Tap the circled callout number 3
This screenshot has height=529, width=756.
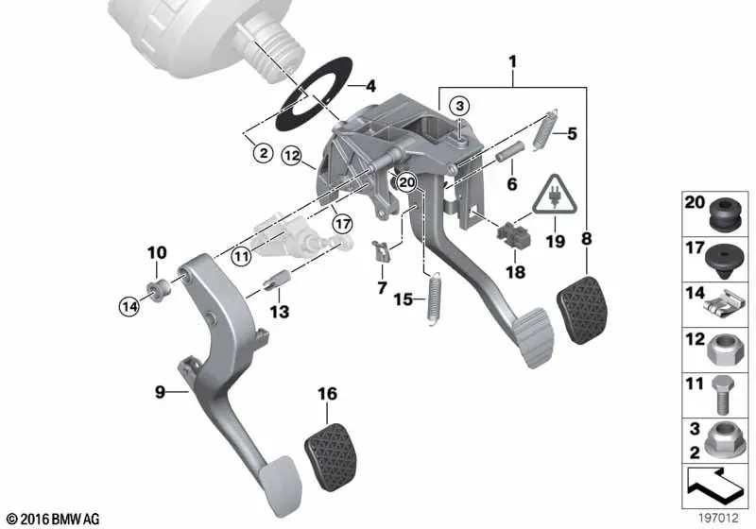point(459,106)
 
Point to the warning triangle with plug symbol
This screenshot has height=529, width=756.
point(555,195)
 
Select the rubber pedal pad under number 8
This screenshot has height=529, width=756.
point(582,310)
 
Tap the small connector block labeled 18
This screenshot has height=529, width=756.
point(513,234)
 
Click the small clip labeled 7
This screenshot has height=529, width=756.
point(381,250)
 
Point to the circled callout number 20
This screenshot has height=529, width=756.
point(407,182)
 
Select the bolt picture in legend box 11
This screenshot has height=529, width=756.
point(722,394)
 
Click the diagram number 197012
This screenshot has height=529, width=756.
point(719,519)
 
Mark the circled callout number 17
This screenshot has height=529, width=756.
point(343,224)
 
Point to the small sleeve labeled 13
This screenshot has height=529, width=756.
point(277,280)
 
